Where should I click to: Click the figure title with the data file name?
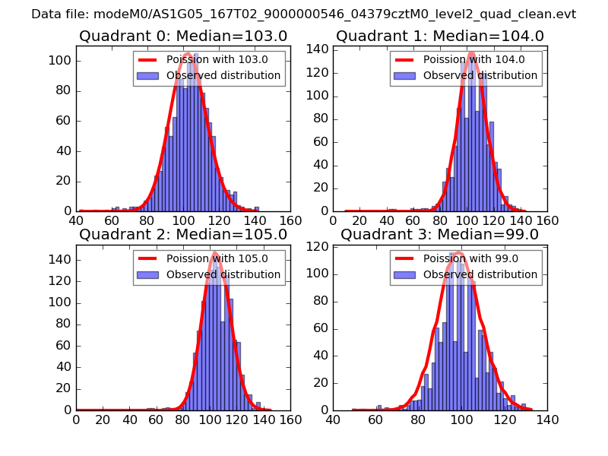pyautogui.click(x=303, y=14)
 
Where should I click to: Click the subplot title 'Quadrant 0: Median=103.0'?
pyautogui.click(x=183, y=36)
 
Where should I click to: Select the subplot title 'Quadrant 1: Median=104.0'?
pyautogui.click(x=440, y=36)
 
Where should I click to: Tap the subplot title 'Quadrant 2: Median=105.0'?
pyautogui.click(x=183, y=235)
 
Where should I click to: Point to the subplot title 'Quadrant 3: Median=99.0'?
pyautogui.click(x=440, y=235)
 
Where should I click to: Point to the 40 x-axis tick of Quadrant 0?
pyautogui.click(x=76, y=220)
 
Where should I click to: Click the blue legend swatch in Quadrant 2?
pyautogui.click(x=148, y=274)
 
